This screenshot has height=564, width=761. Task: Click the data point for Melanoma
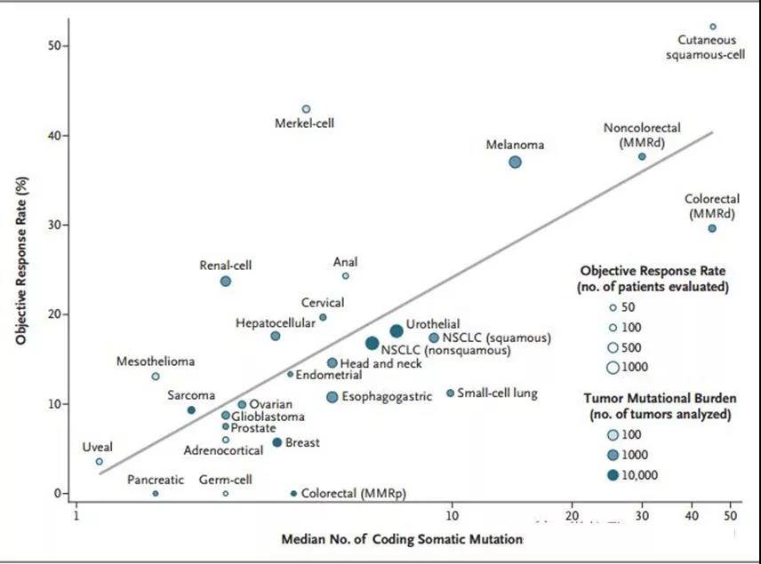(515, 162)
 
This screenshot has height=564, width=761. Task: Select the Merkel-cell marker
(306, 109)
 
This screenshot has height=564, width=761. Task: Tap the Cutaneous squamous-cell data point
(712, 27)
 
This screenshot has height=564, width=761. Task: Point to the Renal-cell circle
(226, 281)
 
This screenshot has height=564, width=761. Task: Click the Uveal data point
(99, 461)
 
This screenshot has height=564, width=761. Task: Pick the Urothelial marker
(397, 331)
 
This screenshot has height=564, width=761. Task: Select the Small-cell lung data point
(450, 393)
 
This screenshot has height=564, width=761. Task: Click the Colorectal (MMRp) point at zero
(293, 493)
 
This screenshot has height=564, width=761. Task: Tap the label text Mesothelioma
(156, 361)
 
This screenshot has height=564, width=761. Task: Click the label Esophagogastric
(387, 396)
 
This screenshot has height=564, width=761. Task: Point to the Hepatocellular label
(276, 323)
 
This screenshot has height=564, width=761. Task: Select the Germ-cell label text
(226, 480)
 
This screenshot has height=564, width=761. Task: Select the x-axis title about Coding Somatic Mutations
(403, 539)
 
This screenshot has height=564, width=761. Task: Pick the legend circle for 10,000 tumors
(613, 474)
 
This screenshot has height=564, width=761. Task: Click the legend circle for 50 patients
(613, 308)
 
